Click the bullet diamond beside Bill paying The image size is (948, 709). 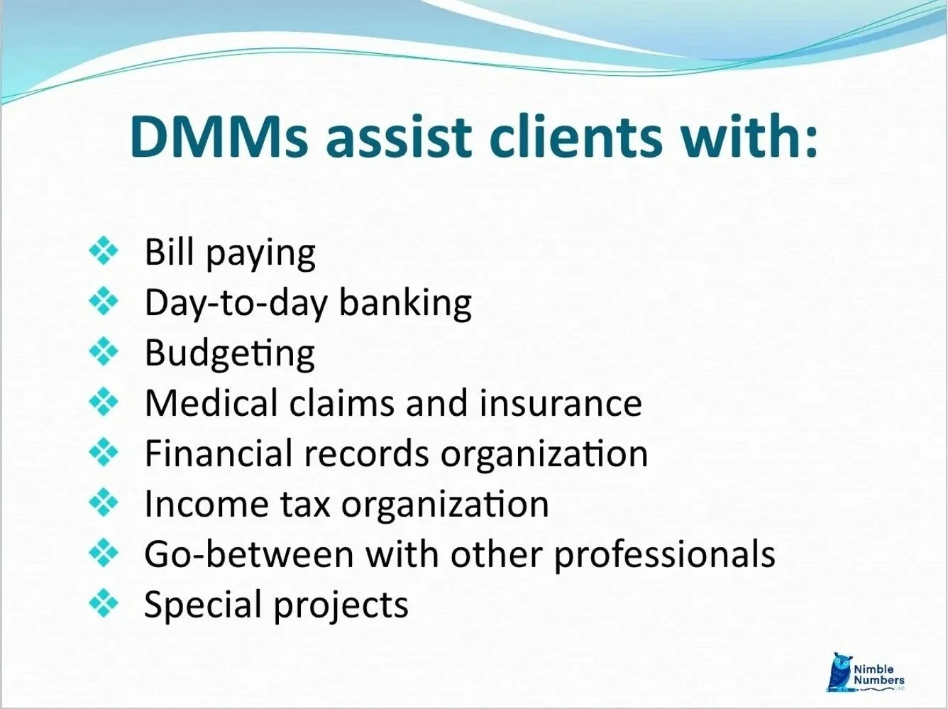[104, 251]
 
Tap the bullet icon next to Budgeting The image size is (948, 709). [104, 352]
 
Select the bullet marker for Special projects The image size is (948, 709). [104, 604]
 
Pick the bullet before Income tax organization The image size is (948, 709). [104, 503]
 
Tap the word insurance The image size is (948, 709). [561, 402]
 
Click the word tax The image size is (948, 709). [307, 504]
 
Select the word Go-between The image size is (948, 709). [248, 554]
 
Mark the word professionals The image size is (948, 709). [664, 555]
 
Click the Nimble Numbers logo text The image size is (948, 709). [879, 674]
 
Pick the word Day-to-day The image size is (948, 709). [236, 302]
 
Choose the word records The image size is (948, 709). [366, 453]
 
